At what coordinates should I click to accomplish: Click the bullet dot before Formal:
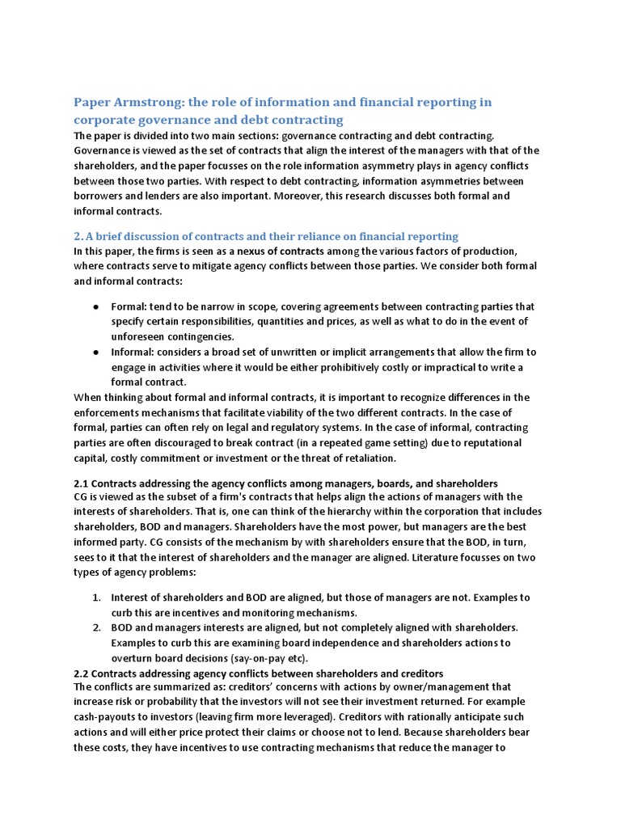95,307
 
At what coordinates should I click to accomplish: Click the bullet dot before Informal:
95,353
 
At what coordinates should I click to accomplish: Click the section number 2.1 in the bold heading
82,483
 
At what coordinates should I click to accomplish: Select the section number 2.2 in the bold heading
82,674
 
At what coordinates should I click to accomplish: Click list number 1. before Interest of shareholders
96,598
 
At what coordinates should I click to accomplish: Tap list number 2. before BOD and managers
96,628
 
